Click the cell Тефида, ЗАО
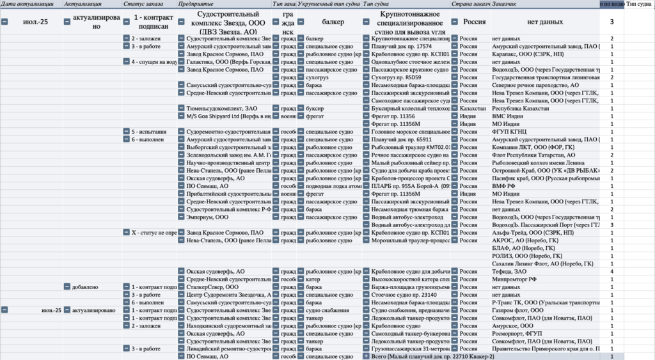512,271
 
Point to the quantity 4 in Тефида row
612,271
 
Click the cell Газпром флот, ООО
518,310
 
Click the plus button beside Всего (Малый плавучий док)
367,356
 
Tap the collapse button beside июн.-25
5,310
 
